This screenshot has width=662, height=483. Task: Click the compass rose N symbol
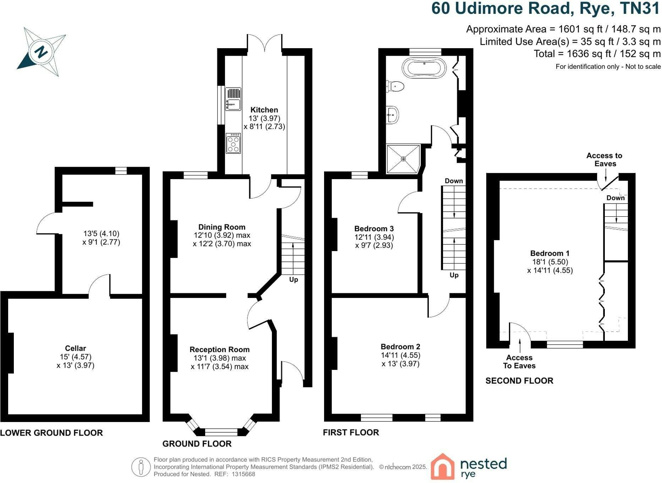[x=42, y=52]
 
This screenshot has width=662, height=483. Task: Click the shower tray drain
[x=403, y=159]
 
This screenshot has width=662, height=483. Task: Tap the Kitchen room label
[x=264, y=110]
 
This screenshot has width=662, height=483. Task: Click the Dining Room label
[x=222, y=227]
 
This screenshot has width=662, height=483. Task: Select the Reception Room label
[x=220, y=350]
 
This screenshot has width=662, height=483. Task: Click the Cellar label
[x=76, y=348]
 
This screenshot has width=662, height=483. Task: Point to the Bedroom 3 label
[x=374, y=229]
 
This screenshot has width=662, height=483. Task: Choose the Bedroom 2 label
[x=400, y=347]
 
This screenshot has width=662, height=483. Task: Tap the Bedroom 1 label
[x=550, y=253]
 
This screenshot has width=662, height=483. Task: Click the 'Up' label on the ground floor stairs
[x=294, y=280]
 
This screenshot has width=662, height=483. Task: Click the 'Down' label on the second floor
[x=616, y=198]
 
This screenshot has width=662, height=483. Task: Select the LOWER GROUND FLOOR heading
[x=51, y=433]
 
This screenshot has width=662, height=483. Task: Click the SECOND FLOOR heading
[x=519, y=381]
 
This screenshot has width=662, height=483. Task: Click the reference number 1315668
[x=244, y=474]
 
